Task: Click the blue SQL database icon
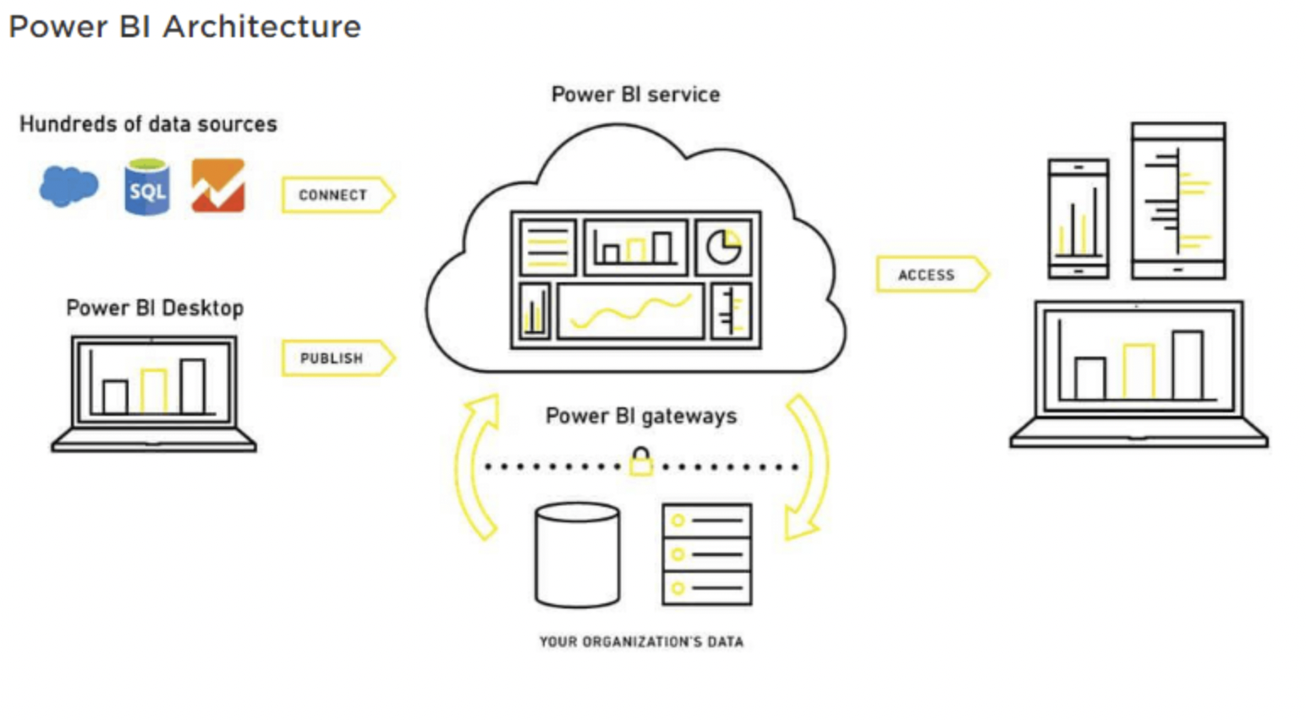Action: (147, 188)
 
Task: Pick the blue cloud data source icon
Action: (69, 186)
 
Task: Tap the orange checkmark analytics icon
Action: (218, 186)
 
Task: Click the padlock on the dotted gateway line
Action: (641, 462)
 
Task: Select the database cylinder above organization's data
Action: (578, 555)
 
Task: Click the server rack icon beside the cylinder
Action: (707, 554)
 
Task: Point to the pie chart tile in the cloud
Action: (723, 247)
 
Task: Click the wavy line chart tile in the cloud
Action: (631, 312)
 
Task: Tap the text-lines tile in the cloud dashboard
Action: (547, 247)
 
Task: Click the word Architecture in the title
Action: (262, 26)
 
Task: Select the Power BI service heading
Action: (635, 94)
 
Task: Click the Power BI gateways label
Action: (641, 416)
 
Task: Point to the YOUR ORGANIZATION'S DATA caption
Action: (641, 642)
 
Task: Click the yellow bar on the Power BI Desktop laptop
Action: (154, 390)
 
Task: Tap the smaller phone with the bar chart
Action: (1078, 219)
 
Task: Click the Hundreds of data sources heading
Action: (148, 124)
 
